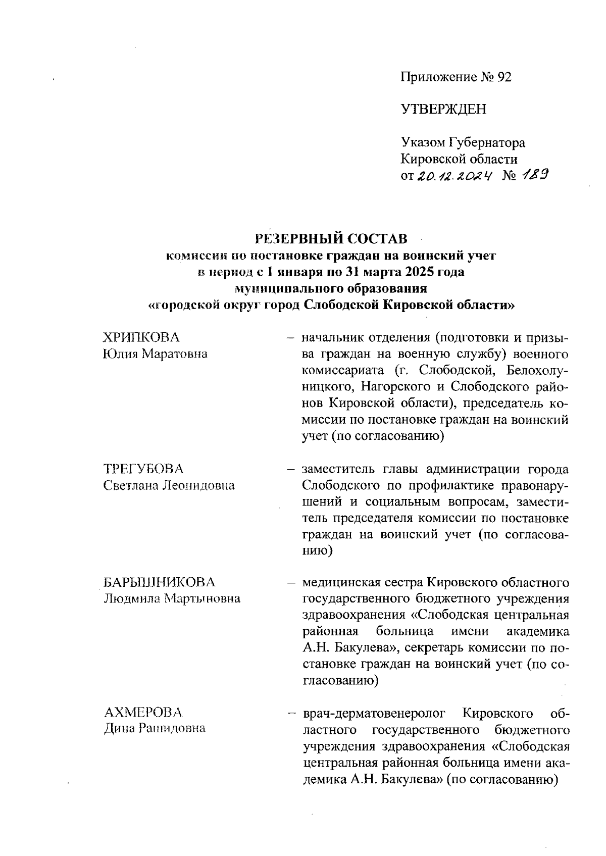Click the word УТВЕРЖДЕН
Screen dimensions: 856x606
click(443, 109)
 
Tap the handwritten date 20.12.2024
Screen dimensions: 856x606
click(453, 175)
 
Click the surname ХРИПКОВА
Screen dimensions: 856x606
click(141, 337)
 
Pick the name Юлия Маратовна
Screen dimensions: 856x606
click(155, 354)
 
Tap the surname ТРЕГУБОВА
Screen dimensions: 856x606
click(143, 469)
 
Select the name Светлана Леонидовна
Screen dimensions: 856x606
click(169, 485)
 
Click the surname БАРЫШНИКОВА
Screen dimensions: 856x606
click(159, 582)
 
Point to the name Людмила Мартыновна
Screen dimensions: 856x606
click(172, 599)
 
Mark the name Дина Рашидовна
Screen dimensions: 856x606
click(155, 729)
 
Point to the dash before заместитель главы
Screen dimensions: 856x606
click(291, 469)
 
